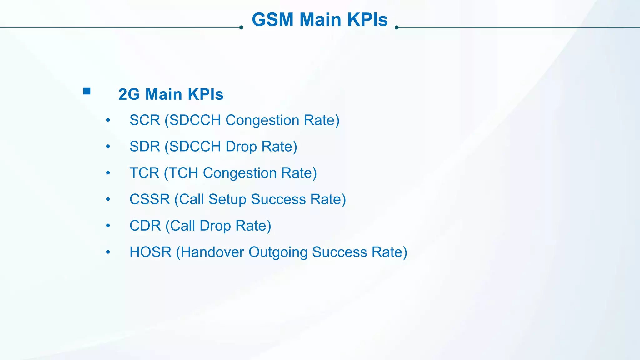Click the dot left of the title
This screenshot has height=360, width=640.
point(241,27)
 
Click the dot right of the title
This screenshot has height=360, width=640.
point(397,27)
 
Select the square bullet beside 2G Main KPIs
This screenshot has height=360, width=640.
point(87,91)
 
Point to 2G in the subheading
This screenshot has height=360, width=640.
point(129,94)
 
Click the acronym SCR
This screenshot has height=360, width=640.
point(144,120)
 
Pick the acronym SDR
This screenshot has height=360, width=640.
point(144,147)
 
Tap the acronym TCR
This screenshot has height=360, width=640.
point(144,173)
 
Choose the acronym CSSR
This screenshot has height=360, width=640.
point(149,199)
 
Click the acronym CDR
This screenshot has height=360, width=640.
point(145,226)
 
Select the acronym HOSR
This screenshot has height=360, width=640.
point(150,252)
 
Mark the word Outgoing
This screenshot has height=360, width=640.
point(278,252)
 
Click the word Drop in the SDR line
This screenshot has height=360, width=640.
point(241,147)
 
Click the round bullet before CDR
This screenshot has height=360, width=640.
point(108,226)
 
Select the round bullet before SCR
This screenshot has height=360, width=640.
point(108,120)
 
